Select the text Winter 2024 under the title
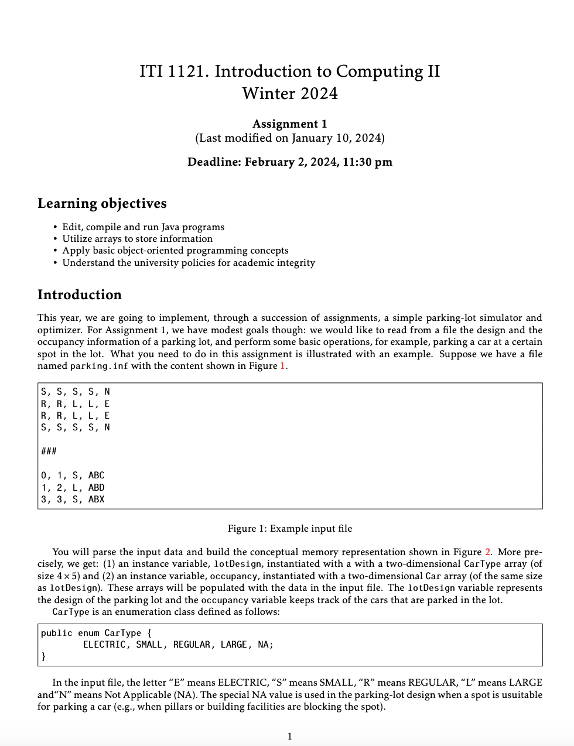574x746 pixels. [x=290, y=94]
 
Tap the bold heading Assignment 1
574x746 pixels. [x=290, y=124]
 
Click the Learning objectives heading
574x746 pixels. [x=102, y=203]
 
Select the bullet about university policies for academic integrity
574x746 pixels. [x=189, y=262]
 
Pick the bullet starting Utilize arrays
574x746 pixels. [x=137, y=238]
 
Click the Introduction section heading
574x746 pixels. [x=80, y=295]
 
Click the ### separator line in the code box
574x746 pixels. [x=49, y=451]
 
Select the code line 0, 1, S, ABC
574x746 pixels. [x=73, y=475]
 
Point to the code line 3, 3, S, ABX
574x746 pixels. [x=73, y=499]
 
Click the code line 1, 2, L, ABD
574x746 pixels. [x=73, y=488]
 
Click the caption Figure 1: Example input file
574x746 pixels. [x=290, y=529]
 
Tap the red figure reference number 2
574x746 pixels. [x=487, y=552]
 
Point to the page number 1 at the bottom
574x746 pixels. [x=289, y=737]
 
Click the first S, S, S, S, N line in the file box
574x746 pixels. [x=75, y=392]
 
